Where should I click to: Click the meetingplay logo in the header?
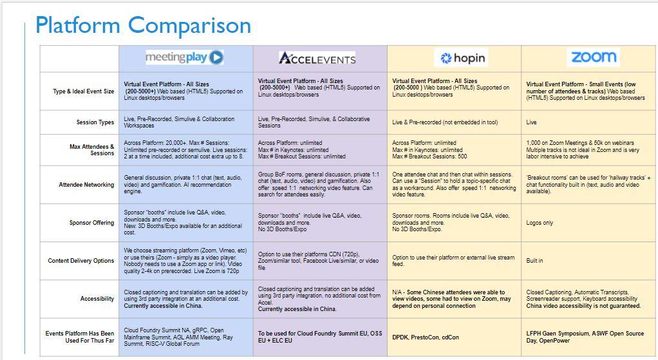click(x=184, y=57)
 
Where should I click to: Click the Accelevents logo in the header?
click(x=317, y=59)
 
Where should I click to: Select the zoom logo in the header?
click(x=593, y=57)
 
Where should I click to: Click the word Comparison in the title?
click(x=189, y=25)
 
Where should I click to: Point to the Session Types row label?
click(x=95, y=122)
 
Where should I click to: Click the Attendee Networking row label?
click(x=86, y=185)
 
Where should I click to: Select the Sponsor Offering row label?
click(x=91, y=223)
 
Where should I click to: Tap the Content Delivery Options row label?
click(x=81, y=261)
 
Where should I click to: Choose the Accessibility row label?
click(x=97, y=299)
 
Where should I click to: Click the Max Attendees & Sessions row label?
click(x=91, y=150)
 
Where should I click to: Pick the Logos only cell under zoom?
click(x=540, y=223)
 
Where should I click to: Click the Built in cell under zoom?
click(x=534, y=261)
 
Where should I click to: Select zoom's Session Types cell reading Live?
click(x=531, y=122)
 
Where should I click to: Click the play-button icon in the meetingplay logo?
click(x=216, y=57)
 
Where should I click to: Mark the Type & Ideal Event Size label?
click(x=84, y=91)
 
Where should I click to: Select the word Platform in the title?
click(x=77, y=25)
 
